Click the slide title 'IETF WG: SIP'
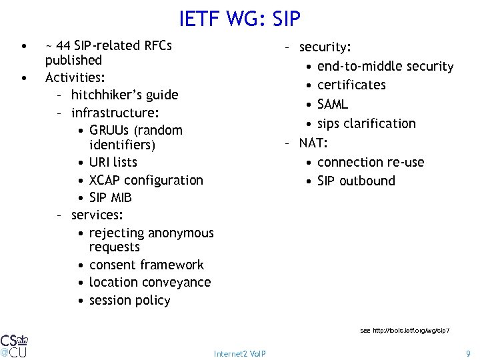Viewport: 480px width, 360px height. [x=239, y=18]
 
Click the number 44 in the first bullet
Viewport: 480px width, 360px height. [x=64, y=46]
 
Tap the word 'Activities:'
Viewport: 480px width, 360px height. [x=73, y=77]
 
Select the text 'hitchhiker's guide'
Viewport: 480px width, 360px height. [x=125, y=95]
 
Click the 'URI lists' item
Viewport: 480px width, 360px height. [x=113, y=162]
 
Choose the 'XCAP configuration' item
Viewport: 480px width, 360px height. [x=146, y=180]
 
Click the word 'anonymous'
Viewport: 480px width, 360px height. [x=181, y=233]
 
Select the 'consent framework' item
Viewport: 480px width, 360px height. [x=146, y=265]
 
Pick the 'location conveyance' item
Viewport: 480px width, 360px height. [x=149, y=282]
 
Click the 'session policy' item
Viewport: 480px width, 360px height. [x=129, y=300]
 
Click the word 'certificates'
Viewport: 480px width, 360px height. [x=351, y=85]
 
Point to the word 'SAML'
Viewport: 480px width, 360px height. [x=333, y=104]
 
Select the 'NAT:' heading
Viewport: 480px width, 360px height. [x=313, y=143]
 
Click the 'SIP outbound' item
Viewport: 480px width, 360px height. [x=356, y=181]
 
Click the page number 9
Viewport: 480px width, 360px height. [x=468, y=353]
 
